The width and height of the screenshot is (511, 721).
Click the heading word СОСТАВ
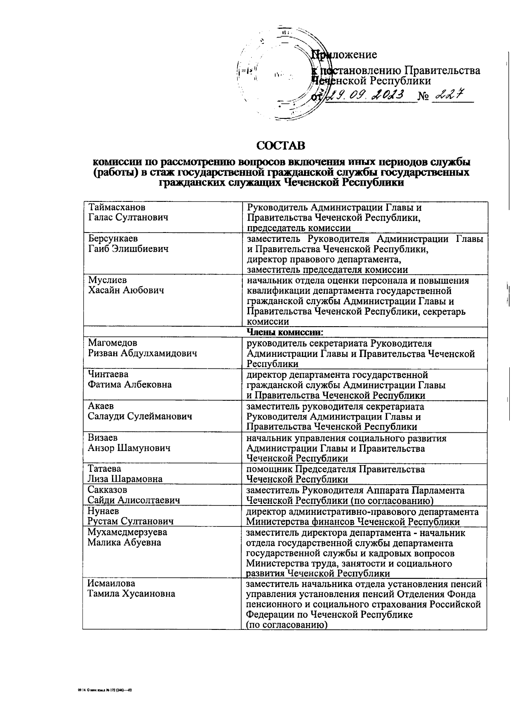[x=281, y=146]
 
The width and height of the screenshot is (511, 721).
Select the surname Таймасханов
[x=117, y=207]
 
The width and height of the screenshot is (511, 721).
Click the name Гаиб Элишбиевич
[x=128, y=249]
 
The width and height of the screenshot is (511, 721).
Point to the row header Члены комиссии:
[x=285, y=332]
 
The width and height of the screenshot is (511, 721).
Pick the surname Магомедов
[x=112, y=343]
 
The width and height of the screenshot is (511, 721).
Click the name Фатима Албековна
[x=130, y=385]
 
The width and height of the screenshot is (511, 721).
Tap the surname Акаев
[x=101, y=406]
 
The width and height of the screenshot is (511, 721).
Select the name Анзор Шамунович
[x=129, y=448]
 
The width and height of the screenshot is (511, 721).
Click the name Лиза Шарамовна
[x=125, y=479]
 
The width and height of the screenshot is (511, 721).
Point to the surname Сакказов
[x=107, y=490]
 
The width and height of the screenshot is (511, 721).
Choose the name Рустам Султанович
[x=131, y=521]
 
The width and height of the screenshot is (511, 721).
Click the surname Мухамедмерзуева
[x=127, y=532]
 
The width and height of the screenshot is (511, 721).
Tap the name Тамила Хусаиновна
[x=131, y=594]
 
